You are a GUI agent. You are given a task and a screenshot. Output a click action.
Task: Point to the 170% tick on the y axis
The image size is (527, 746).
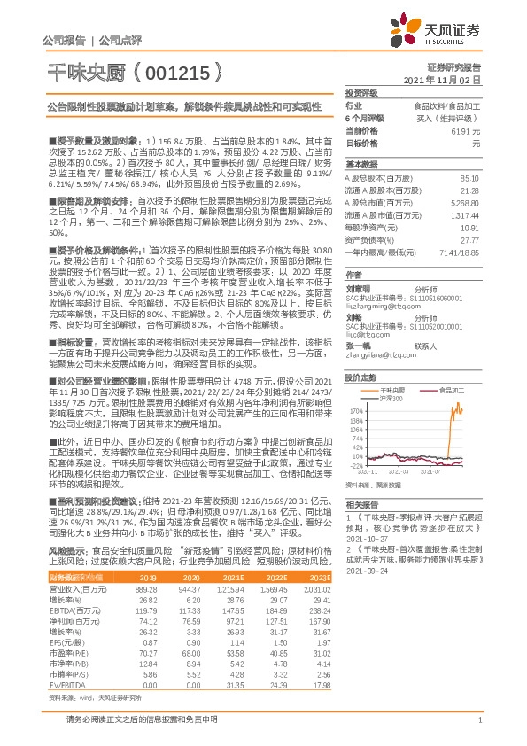pyautogui.click(x=356, y=411)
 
